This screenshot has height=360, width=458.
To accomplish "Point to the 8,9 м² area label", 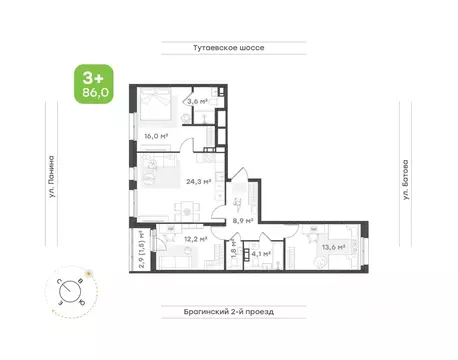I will (x=243, y=221).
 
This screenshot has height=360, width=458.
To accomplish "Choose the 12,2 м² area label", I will (x=195, y=240).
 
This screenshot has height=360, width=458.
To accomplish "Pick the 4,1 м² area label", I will (x=262, y=254).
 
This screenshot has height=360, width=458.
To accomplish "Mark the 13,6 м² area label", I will (x=333, y=247).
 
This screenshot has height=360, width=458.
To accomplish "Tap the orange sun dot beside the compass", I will (x=89, y=271).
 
